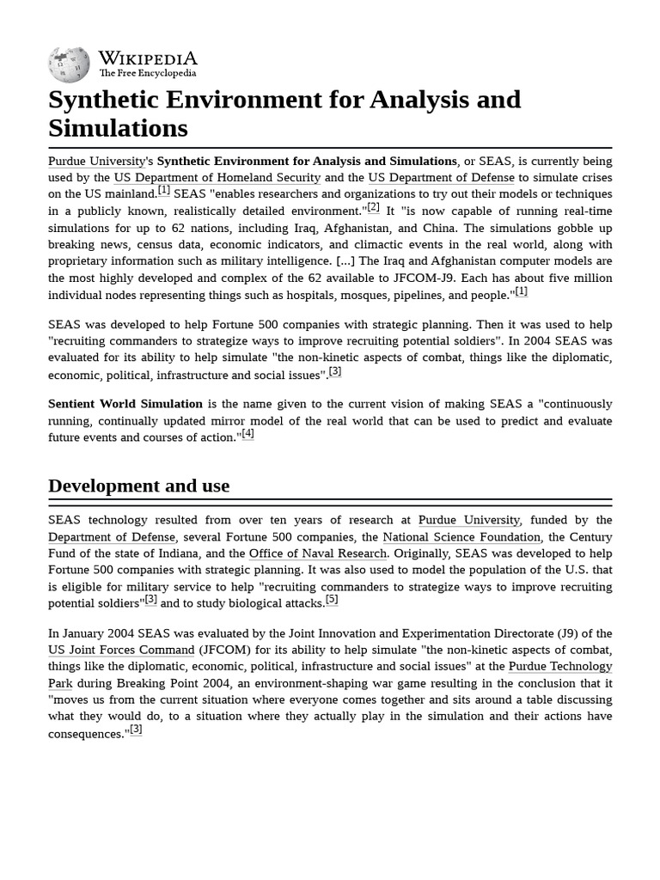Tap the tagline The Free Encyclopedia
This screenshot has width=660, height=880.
click(147, 74)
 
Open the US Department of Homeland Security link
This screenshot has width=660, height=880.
click(217, 178)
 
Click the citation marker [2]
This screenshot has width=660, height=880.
click(374, 207)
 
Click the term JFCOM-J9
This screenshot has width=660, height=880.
click(469, 278)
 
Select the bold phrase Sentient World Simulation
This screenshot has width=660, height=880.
click(125, 404)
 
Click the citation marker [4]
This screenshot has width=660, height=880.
click(247, 434)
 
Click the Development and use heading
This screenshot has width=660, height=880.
click(139, 486)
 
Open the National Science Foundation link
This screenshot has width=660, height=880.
click(461, 537)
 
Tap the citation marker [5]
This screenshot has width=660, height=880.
click(332, 600)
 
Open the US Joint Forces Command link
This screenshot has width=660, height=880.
click(121, 650)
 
